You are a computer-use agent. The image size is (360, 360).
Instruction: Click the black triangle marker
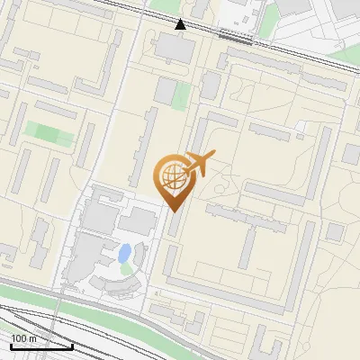[x=181, y=23]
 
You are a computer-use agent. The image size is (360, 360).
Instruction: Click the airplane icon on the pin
[x=199, y=165]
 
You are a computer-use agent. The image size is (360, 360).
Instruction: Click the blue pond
[x=125, y=252]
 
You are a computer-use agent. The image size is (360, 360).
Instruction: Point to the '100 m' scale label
[x=23, y=338]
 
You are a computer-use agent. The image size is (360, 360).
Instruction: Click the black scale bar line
[x=40, y=346]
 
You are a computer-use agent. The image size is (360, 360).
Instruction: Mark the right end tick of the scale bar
[x=72, y=345]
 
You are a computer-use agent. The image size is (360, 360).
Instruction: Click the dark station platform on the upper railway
[x=237, y=39]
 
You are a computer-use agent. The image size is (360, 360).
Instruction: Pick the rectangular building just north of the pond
[x=139, y=221]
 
